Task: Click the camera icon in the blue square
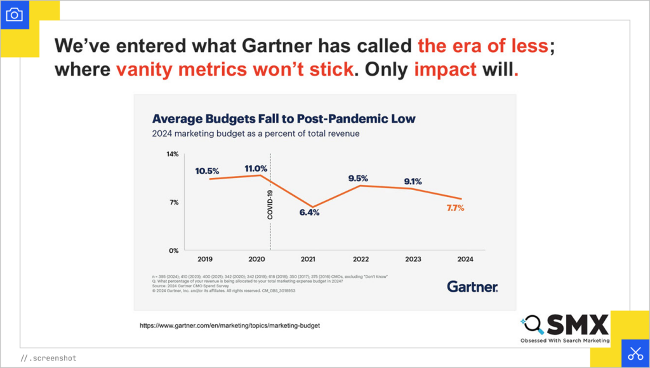(x=14, y=14)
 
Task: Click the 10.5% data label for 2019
(x=207, y=170)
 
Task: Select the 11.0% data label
(x=256, y=168)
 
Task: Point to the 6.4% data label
(x=309, y=213)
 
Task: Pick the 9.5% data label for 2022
(x=358, y=179)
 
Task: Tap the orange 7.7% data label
(x=454, y=208)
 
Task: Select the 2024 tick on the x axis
(x=465, y=259)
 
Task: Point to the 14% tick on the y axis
(x=173, y=154)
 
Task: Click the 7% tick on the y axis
(x=174, y=202)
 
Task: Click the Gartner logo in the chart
(x=472, y=286)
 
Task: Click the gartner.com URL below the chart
(x=230, y=325)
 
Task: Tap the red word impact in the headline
(x=445, y=69)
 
